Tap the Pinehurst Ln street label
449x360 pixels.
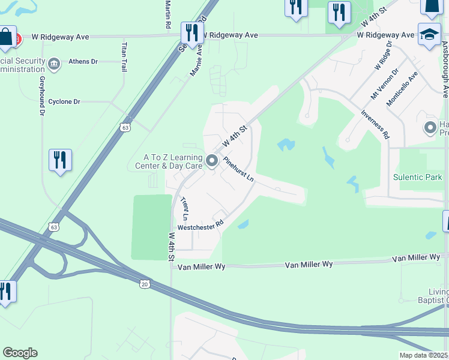click(239, 170)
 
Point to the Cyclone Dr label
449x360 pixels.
click(64, 102)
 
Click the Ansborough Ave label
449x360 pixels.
click(445, 69)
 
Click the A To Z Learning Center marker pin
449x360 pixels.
click(211, 160)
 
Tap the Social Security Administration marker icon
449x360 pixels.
click(54, 64)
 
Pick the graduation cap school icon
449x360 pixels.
click(429, 34)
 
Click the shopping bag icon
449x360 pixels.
click(5, 37)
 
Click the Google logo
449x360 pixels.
click(20, 353)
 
